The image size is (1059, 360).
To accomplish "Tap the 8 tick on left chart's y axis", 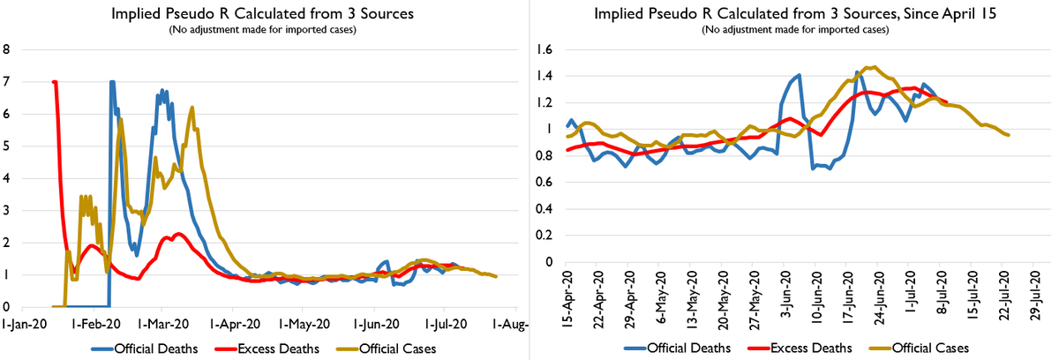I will [7, 49].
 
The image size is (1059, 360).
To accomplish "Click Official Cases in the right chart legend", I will [926, 346].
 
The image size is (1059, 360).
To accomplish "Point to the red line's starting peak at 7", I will [55, 82].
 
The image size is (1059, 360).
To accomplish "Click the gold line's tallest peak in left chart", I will [192, 107].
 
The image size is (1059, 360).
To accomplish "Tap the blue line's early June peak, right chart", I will [799, 75].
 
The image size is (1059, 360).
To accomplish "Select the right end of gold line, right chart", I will [1009, 135].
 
